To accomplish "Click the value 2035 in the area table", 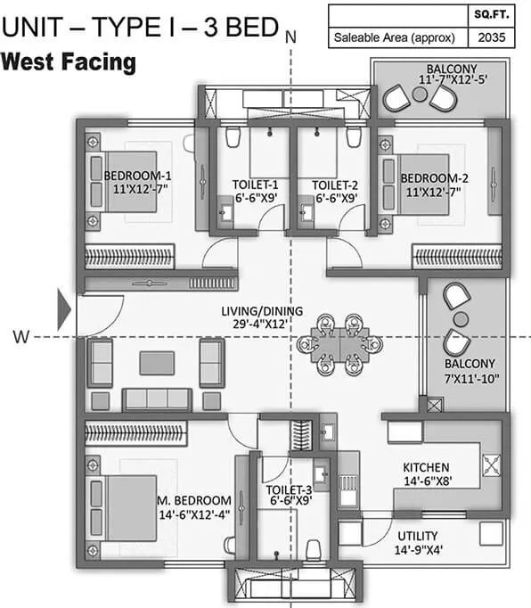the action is pyautogui.click(x=492, y=37).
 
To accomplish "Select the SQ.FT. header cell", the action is pyautogui.click(x=492, y=15).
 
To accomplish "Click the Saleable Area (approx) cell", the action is pyautogui.click(x=394, y=37).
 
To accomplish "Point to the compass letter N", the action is pyautogui.click(x=290, y=37).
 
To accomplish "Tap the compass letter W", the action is pyautogui.click(x=20, y=337).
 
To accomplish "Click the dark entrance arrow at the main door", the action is pyautogui.click(x=63, y=309).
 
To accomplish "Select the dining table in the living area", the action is pyautogui.click(x=340, y=345).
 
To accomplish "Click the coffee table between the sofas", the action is pyautogui.click(x=157, y=363).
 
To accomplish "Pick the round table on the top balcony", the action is pyautogui.click(x=420, y=94).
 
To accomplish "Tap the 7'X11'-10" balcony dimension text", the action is pyautogui.click(x=471, y=379).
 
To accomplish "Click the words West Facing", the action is pyautogui.click(x=69, y=62).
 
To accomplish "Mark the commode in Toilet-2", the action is pyautogui.click(x=354, y=137).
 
